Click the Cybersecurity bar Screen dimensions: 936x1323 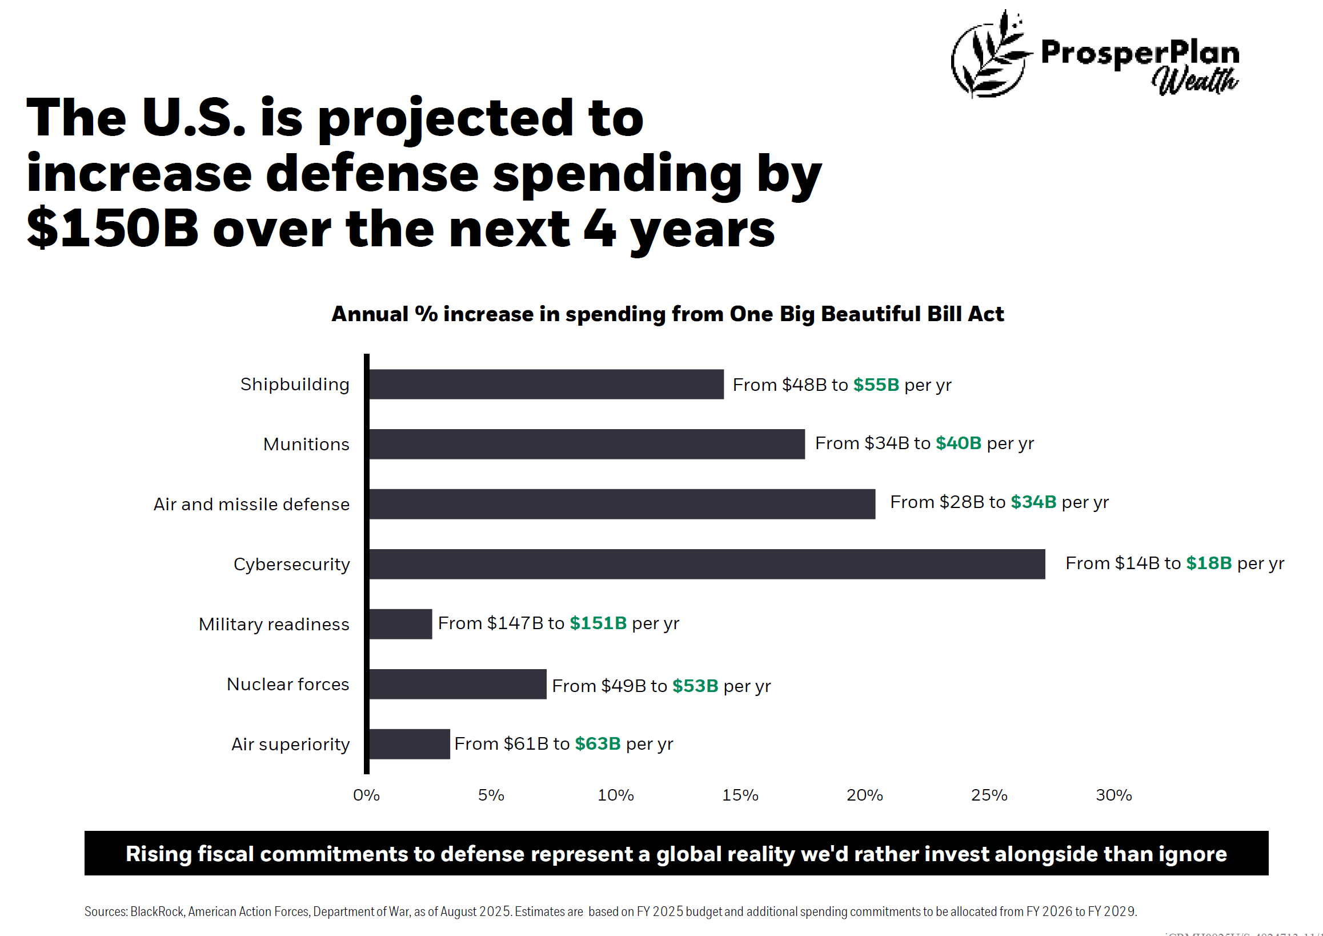pos(707,563)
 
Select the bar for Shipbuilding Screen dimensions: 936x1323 pos(546,385)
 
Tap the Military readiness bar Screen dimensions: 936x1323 pos(400,623)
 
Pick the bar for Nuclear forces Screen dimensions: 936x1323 pos(458,684)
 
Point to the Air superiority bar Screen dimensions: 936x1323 pos(409,744)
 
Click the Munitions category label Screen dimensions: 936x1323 pos(306,445)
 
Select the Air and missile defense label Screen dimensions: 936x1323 pos(251,505)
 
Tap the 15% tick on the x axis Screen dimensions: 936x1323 pos(740,795)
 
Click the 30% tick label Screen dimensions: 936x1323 pos(1113,795)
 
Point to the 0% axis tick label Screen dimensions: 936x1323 pos(367,795)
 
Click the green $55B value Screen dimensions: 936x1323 pos(876,385)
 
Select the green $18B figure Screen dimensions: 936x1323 pos(1208,563)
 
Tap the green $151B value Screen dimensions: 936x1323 pos(598,623)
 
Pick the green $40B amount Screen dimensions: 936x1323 pos(958,443)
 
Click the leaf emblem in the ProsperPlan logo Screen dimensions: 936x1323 pos(989,55)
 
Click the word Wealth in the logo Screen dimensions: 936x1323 pos(1194,81)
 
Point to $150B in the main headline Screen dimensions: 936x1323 pos(113,229)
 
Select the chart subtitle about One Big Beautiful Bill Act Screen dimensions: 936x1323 pos(667,314)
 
